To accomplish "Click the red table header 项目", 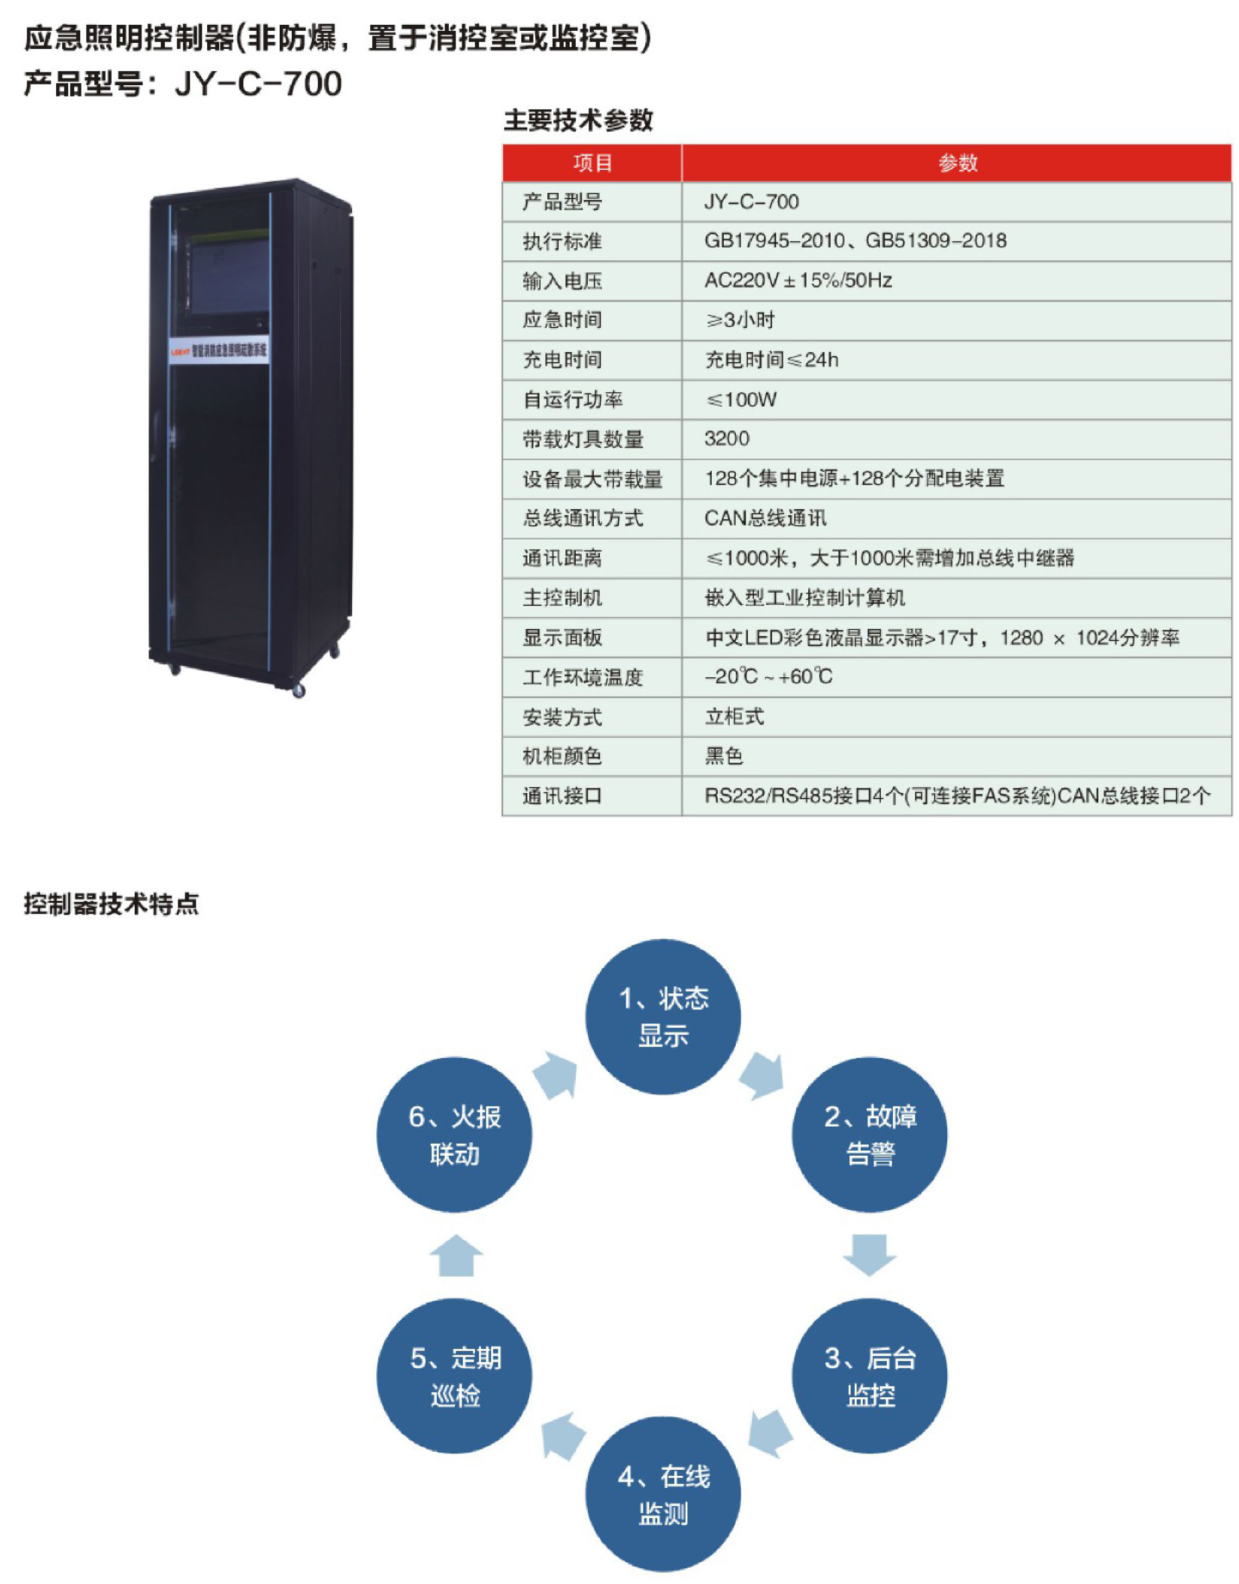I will click(592, 163).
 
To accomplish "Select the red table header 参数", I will click(957, 163).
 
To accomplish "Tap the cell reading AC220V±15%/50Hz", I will click(798, 281).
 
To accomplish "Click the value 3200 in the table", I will click(727, 439).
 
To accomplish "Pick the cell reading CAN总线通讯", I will click(765, 518).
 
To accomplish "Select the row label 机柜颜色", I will click(562, 756).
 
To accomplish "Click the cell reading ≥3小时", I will click(740, 320).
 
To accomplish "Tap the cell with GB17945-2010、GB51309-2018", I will click(855, 241).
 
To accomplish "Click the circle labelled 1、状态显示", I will click(663, 1017).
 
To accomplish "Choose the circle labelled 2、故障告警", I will click(869, 1135).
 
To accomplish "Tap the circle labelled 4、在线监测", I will click(663, 1494).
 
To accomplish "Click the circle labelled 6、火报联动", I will click(455, 1135).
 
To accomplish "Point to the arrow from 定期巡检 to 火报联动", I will click(456, 1255).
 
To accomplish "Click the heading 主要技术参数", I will click(578, 120).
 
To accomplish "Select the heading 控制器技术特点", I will click(111, 904).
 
